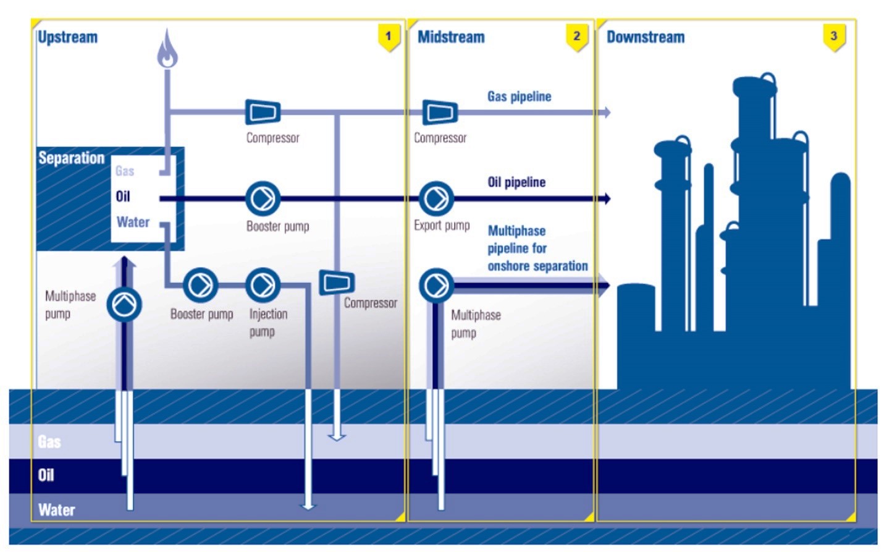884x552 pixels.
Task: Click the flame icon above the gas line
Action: [167, 49]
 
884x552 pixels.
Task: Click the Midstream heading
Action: [451, 37]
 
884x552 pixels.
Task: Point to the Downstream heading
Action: [646, 37]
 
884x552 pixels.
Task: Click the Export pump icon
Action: [436, 198]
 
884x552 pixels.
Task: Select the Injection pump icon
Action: [263, 285]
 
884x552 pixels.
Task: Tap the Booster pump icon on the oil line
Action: [263, 198]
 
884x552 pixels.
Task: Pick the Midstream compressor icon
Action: [440, 112]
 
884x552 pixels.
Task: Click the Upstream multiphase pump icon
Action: [124, 305]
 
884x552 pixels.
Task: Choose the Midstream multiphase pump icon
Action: [436, 285]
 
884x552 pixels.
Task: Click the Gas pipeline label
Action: [519, 96]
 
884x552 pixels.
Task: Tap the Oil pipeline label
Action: [516, 182]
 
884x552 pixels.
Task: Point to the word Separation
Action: [71, 158]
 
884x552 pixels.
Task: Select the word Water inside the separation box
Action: [133, 222]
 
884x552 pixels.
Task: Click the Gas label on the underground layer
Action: [49, 441]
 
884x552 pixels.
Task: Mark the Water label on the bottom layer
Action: [56, 510]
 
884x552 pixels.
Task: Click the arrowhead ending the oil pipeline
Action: [607, 198]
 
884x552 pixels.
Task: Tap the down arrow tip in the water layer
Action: [308, 506]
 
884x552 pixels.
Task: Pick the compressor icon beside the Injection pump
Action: [337, 282]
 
